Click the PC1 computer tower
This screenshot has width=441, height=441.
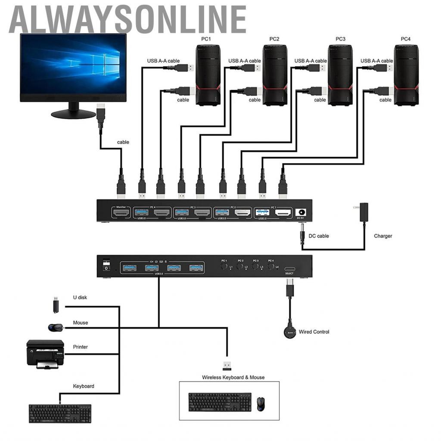pyautogui.click(x=208, y=75)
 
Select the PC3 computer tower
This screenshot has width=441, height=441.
pyautogui.click(x=340, y=75)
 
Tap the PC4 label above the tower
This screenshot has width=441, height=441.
pyautogui.click(x=405, y=39)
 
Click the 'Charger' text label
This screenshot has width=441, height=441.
pyautogui.click(x=383, y=236)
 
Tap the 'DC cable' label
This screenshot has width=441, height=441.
pyautogui.click(x=318, y=236)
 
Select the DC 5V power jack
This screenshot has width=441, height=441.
pyautogui.click(x=302, y=212)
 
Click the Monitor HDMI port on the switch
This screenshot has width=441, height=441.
pyautogui.click(x=121, y=212)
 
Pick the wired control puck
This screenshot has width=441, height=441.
pyautogui.click(x=290, y=332)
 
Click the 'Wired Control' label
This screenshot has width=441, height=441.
pyautogui.click(x=314, y=332)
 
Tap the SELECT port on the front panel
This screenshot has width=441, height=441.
pyautogui.click(x=289, y=268)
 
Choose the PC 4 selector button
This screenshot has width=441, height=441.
pyautogui.click(x=270, y=267)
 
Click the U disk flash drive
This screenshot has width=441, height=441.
pyautogui.click(x=56, y=305)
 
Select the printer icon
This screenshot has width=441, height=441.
pyautogui.click(x=45, y=354)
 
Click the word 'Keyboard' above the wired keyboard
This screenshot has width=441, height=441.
pyautogui.click(x=84, y=386)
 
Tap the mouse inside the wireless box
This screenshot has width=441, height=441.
pyautogui.click(x=260, y=404)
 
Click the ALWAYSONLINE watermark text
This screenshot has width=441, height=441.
pyautogui.click(x=127, y=19)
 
